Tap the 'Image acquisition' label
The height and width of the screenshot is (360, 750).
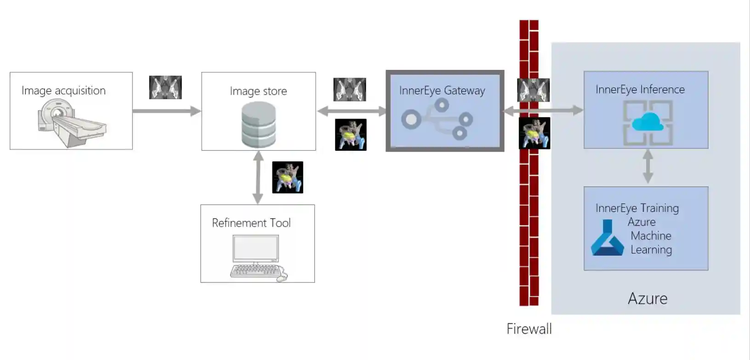[63, 91]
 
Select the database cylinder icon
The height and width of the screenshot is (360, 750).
[259, 125]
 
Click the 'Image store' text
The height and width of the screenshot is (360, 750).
[258, 91]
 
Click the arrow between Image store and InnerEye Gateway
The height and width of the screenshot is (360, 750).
[351, 111]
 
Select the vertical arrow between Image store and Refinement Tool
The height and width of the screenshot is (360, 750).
[258, 177]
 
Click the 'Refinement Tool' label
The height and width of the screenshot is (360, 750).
[251, 223]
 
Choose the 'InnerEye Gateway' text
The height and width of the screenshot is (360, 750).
[442, 91]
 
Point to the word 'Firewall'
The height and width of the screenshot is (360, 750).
[529, 329]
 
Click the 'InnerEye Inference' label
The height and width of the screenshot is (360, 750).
[640, 90]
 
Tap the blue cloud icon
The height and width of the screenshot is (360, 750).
[648, 123]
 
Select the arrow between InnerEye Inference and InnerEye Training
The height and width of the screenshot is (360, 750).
[648, 166]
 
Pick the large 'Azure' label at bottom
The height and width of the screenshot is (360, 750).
[648, 299]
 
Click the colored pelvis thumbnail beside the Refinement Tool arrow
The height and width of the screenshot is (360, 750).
[288, 177]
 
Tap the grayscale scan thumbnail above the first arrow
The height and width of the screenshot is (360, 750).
[165, 87]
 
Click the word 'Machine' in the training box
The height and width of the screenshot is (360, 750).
[651, 236]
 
